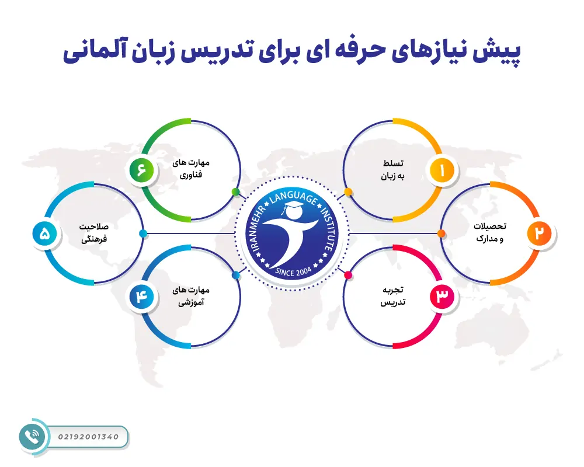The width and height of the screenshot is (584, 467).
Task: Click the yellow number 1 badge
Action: pos(442,170)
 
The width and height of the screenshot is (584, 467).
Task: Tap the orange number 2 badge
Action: pos(540,233)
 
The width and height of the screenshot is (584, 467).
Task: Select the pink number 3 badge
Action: pos(442,297)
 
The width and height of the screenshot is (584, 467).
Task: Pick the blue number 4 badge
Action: pos(141,297)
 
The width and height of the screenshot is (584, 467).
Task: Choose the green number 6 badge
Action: pos(141,170)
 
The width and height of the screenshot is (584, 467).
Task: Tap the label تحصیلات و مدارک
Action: pos(488,232)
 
